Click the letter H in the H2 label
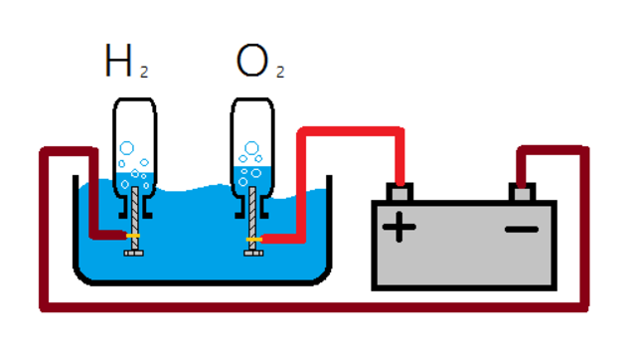pos(118,62)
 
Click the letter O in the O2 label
pos(250,62)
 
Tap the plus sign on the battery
pos(399,228)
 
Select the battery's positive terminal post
pos(399,190)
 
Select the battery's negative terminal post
pos(522,190)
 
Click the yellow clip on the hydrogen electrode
pos(132,236)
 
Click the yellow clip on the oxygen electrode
pos(254,240)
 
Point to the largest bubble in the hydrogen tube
pos(126,150)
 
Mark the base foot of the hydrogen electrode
pos(133,254)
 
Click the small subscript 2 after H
pos(143,73)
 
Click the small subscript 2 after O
pos(279,73)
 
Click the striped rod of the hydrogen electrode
pos(133,214)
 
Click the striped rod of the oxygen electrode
pos(255,214)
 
